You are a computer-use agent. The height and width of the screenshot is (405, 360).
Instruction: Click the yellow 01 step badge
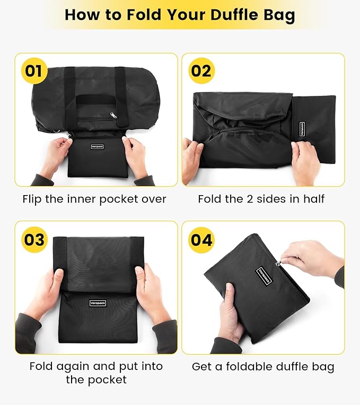[33, 71]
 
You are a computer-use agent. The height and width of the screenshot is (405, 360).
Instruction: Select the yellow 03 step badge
[33, 239]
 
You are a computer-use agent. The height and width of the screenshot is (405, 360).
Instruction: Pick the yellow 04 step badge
[201, 239]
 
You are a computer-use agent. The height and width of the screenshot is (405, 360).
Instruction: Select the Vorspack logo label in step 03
[97, 303]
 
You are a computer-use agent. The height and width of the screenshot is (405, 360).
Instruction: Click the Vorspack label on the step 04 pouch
[264, 276]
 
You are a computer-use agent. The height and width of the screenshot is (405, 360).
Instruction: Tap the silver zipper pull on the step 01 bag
[113, 115]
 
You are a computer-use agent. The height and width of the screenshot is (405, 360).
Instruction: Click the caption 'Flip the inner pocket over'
[94, 199]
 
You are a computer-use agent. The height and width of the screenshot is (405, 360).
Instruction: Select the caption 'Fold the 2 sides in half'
[261, 199]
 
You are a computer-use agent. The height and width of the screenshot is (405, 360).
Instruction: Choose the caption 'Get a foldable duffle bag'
[263, 366]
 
